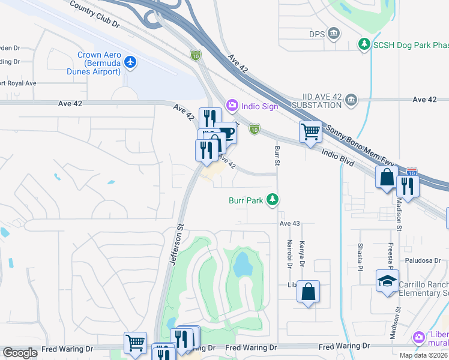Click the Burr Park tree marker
click(x=273, y=200)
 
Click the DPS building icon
click(x=334, y=34)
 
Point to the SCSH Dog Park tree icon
click(x=364, y=44)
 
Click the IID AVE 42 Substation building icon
click(x=352, y=99)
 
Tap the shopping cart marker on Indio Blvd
click(x=310, y=131)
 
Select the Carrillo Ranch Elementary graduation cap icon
click(x=387, y=280)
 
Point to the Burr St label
click(x=277, y=155)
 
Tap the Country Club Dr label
click(x=95, y=14)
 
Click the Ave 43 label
click(x=289, y=224)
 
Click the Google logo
click(x=20, y=353)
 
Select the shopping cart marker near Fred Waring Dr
click(x=135, y=343)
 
